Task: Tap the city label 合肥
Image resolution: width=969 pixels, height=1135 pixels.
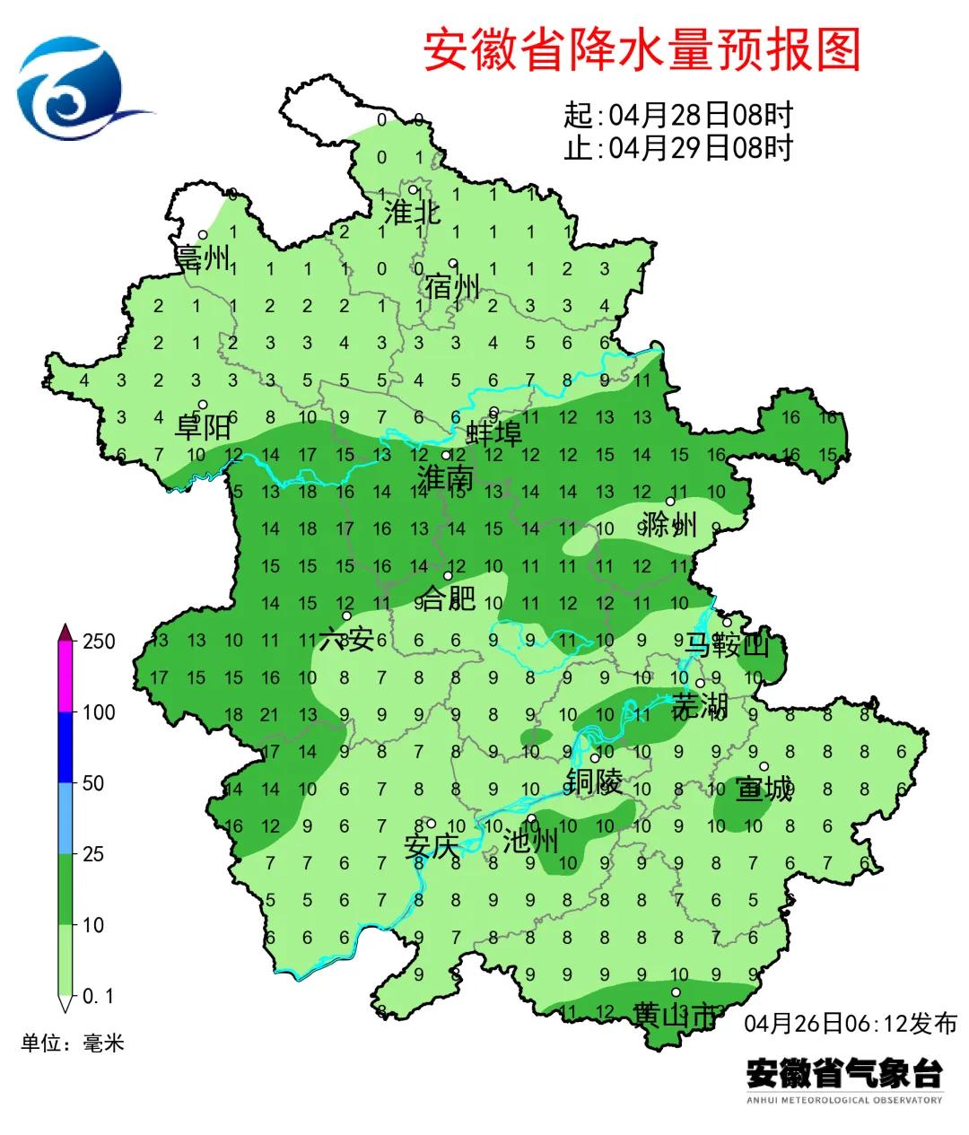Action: (448, 598)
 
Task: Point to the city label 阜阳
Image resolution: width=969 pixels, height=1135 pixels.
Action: (202, 427)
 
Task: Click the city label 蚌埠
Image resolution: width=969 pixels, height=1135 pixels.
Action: (493, 434)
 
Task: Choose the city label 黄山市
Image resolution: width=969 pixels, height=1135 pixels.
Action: (675, 1015)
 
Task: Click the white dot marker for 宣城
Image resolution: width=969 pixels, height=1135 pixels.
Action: (764, 766)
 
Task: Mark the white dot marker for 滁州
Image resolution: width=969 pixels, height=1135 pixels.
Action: (669, 502)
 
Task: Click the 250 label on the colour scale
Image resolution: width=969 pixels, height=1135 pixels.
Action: (99, 642)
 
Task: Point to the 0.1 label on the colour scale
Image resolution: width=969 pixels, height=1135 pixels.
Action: (98, 996)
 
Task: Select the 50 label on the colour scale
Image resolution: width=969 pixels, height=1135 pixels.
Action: (93, 783)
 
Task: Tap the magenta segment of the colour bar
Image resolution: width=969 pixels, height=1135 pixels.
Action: (65, 677)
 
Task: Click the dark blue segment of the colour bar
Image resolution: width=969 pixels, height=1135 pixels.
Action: (65, 747)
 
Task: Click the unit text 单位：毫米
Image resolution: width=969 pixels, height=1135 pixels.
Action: (73, 1043)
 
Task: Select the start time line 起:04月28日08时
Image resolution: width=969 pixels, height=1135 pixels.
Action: (678, 116)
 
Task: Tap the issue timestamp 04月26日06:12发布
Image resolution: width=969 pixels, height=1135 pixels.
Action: (851, 1023)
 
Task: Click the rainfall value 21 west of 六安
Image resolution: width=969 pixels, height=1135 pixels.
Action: (270, 715)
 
